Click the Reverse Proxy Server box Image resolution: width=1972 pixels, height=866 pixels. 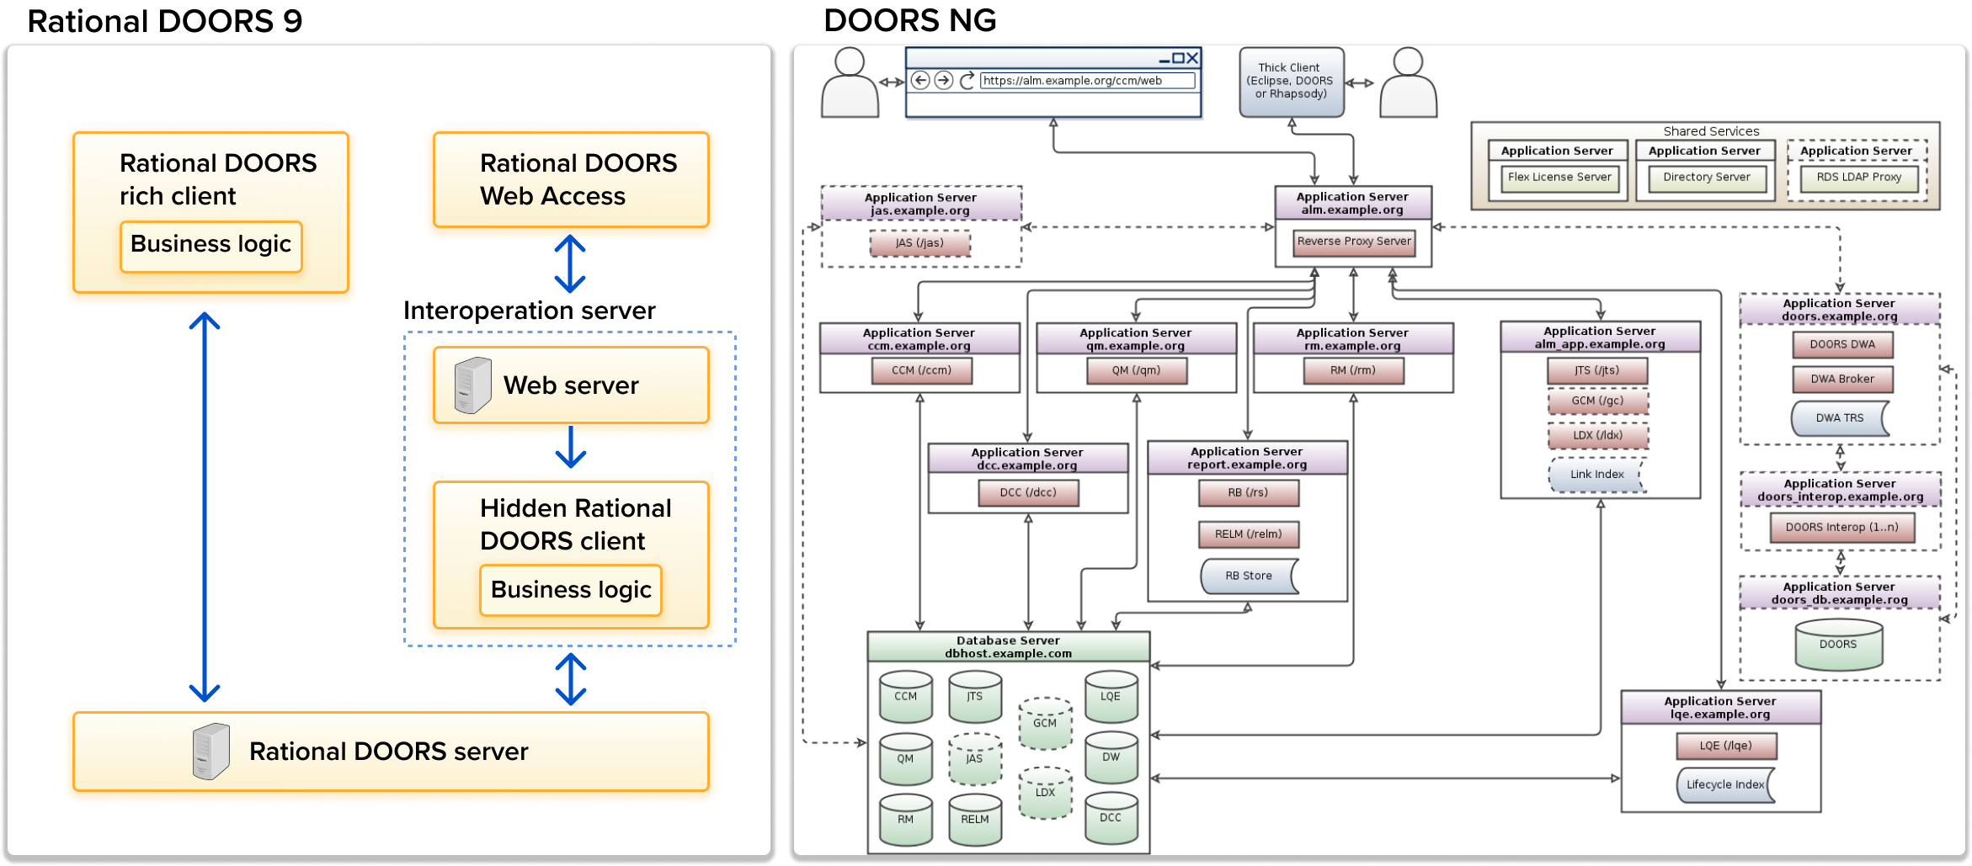point(1353,242)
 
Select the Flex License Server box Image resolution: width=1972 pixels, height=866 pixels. point(1559,178)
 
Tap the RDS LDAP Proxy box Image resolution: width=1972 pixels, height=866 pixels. point(1858,178)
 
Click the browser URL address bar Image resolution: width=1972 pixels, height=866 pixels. point(1086,81)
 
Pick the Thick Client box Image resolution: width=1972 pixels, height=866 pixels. point(1291,82)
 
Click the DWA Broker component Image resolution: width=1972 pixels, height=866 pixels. point(1841,380)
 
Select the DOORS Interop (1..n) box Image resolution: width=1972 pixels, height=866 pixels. point(1841,528)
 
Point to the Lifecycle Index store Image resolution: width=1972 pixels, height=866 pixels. point(1724,784)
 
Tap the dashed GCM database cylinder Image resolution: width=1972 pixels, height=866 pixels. point(1044,723)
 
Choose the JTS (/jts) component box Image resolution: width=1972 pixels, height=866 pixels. point(1596,371)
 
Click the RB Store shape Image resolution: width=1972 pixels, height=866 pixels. point(1248,576)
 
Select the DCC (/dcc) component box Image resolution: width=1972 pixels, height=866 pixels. point(1027,493)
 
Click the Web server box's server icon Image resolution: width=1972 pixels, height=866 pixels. point(472,385)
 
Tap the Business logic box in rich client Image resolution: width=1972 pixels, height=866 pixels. point(211,246)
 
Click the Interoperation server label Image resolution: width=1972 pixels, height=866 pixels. point(529,311)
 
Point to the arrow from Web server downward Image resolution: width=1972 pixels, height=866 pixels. point(571,447)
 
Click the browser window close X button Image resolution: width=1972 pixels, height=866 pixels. point(1192,58)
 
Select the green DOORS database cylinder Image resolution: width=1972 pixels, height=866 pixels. point(1838,646)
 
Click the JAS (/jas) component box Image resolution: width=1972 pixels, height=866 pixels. point(919,244)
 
